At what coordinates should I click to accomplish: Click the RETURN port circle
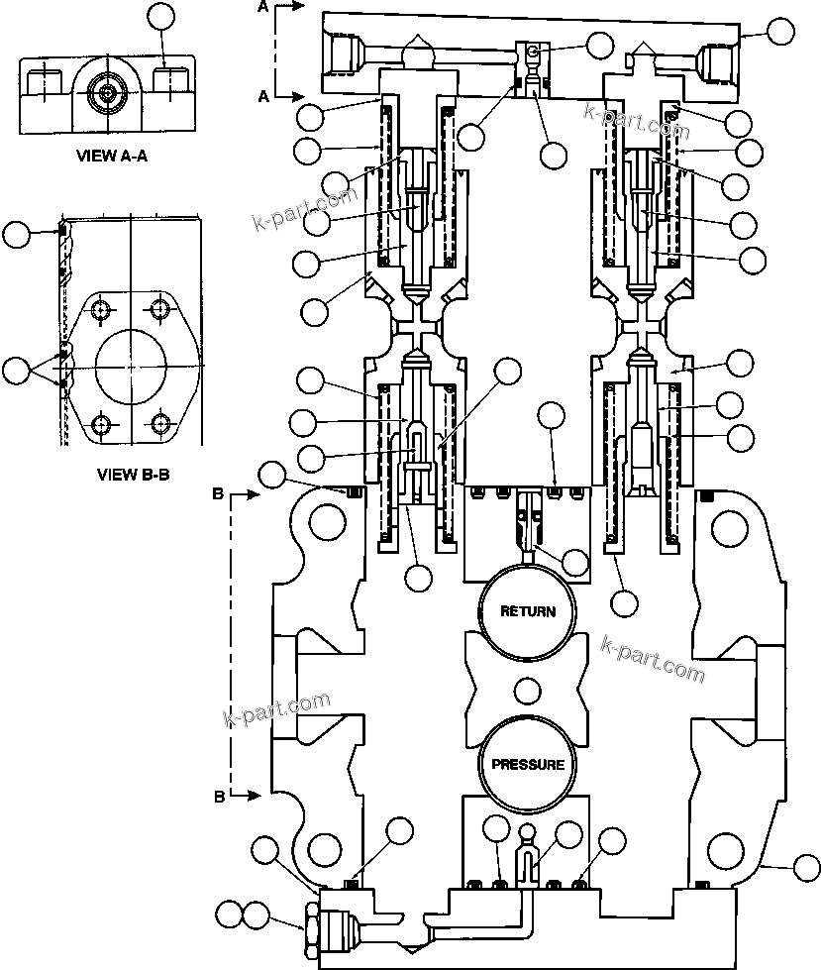527,611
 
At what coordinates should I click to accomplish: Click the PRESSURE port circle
528,764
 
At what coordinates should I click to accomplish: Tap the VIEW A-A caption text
106,156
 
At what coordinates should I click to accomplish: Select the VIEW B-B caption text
134,474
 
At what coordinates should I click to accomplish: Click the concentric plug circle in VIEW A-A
106,94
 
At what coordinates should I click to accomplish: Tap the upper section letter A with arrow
263,8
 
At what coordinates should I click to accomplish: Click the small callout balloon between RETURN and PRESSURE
526,688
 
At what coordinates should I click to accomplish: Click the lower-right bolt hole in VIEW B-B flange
161,425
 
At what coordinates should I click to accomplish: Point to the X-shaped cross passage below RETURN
528,688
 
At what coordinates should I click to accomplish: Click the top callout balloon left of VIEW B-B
16,235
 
